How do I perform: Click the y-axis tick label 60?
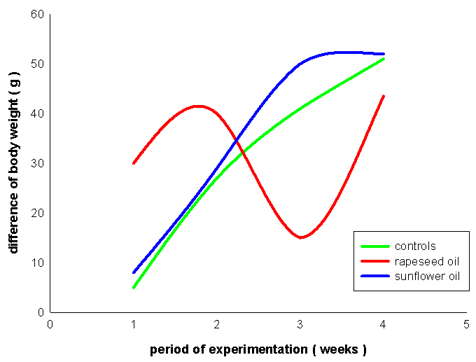(x=36, y=15)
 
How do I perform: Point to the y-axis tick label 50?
(x=36, y=64)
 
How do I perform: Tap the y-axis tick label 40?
(x=36, y=114)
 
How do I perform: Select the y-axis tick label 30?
(x=36, y=164)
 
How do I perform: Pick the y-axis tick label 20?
(x=36, y=214)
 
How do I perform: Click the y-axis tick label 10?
(x=36, y=263)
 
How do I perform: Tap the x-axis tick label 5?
(x=467, y=324)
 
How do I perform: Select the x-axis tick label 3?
(x=300, y=324)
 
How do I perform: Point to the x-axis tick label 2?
(x=217, y=324)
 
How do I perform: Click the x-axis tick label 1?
(x=134, y=324)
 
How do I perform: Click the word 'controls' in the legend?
(x=415, y=246)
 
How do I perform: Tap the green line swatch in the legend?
(x=374, y=246)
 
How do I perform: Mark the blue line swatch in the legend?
(x=374, y=277)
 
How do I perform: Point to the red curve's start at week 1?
(x=134, y=163)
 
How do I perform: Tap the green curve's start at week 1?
(x=134, y=287)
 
